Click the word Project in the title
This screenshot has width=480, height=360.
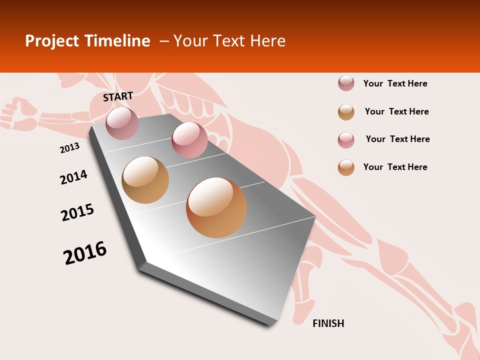click(x=52, y=41)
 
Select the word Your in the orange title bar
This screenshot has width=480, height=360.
click(x=189, y=41)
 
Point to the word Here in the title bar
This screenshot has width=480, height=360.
click(x=267, y=41)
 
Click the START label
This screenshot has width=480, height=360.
click(x=118, y=96)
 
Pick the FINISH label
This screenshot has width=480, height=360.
click(x=328, y=323)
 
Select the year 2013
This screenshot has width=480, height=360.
click(x=69, y=148)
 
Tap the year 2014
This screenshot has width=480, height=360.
click(x=73, y=177)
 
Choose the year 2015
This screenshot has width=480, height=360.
click(x=77, y=212)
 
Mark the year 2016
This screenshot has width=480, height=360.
click(x=85, y=253)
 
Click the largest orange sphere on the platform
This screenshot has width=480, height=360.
click(x=216, y=207)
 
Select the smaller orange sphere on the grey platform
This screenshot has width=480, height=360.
click(x=145, y=180)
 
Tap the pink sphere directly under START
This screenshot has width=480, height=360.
click(x=122, y=123)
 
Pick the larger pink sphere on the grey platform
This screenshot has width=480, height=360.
click(x=189, y=140)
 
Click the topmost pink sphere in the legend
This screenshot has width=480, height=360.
click(x=346, y=83)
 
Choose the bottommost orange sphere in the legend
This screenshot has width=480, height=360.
click(x=346, y=167)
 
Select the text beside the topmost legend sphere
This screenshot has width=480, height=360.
click(x=395, y=83)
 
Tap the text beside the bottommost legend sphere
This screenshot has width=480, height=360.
click(x=395, y=167)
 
